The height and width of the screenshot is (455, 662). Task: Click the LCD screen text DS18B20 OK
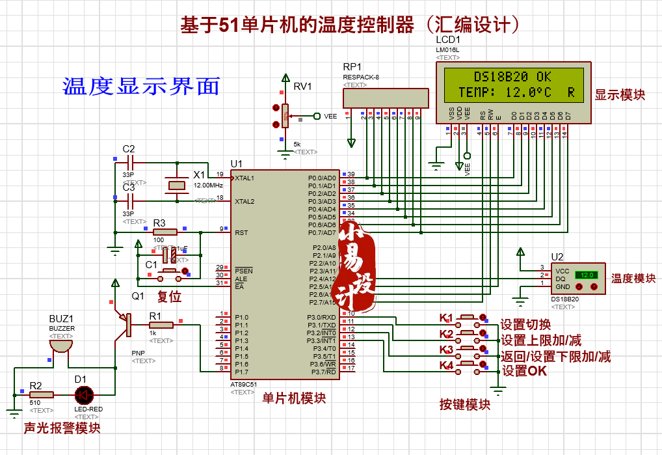tap(512, 76)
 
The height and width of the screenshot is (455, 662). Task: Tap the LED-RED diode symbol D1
tap(83, 394)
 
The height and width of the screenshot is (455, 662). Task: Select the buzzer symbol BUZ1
tap(60, 344)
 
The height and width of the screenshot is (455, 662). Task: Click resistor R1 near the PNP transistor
tap(161, 325)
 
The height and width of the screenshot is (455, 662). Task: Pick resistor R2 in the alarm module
tap(42, 394)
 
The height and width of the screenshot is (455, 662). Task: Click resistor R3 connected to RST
tap(165, 232)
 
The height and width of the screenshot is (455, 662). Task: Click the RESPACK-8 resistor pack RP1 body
tap(386, 98)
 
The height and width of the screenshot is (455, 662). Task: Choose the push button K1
tap(468, 318)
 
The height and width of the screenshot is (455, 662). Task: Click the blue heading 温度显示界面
tap(141, 86)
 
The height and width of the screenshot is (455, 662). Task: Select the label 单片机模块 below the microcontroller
tap(294, 398)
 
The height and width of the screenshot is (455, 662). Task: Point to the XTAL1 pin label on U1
tap(245, 178)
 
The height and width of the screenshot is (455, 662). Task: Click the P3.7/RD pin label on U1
tap(323, 372)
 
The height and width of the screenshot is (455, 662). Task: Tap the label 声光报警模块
tap(62, 428)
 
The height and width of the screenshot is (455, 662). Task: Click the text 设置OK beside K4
tap(524, 371)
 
